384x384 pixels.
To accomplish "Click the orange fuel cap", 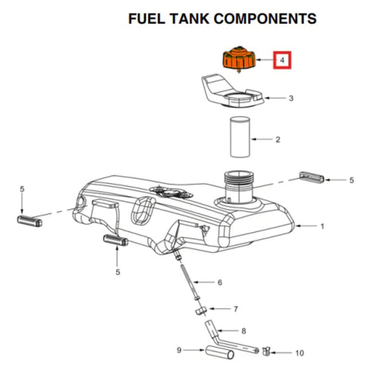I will point(236,58).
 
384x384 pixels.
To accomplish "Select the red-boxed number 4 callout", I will point(283,60).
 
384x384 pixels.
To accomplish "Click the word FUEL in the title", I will point(148,18).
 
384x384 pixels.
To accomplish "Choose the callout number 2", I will point(277,138).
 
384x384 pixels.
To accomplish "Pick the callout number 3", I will point(290,97).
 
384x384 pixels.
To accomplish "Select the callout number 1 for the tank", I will point(321,226).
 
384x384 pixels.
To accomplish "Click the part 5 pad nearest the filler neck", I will point(312,178).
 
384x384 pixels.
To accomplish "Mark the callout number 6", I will point(220,282).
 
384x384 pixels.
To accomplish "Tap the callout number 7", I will point(236,309).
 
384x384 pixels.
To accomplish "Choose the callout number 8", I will point(244,331).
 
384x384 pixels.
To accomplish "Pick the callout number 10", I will point(300,353).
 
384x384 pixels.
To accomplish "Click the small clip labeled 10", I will point(266,352).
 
